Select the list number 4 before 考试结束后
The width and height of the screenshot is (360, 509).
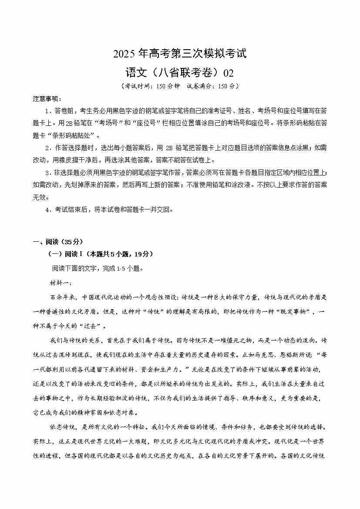[x=47, y=209]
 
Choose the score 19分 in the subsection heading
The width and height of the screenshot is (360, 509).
[x=143, y=254]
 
